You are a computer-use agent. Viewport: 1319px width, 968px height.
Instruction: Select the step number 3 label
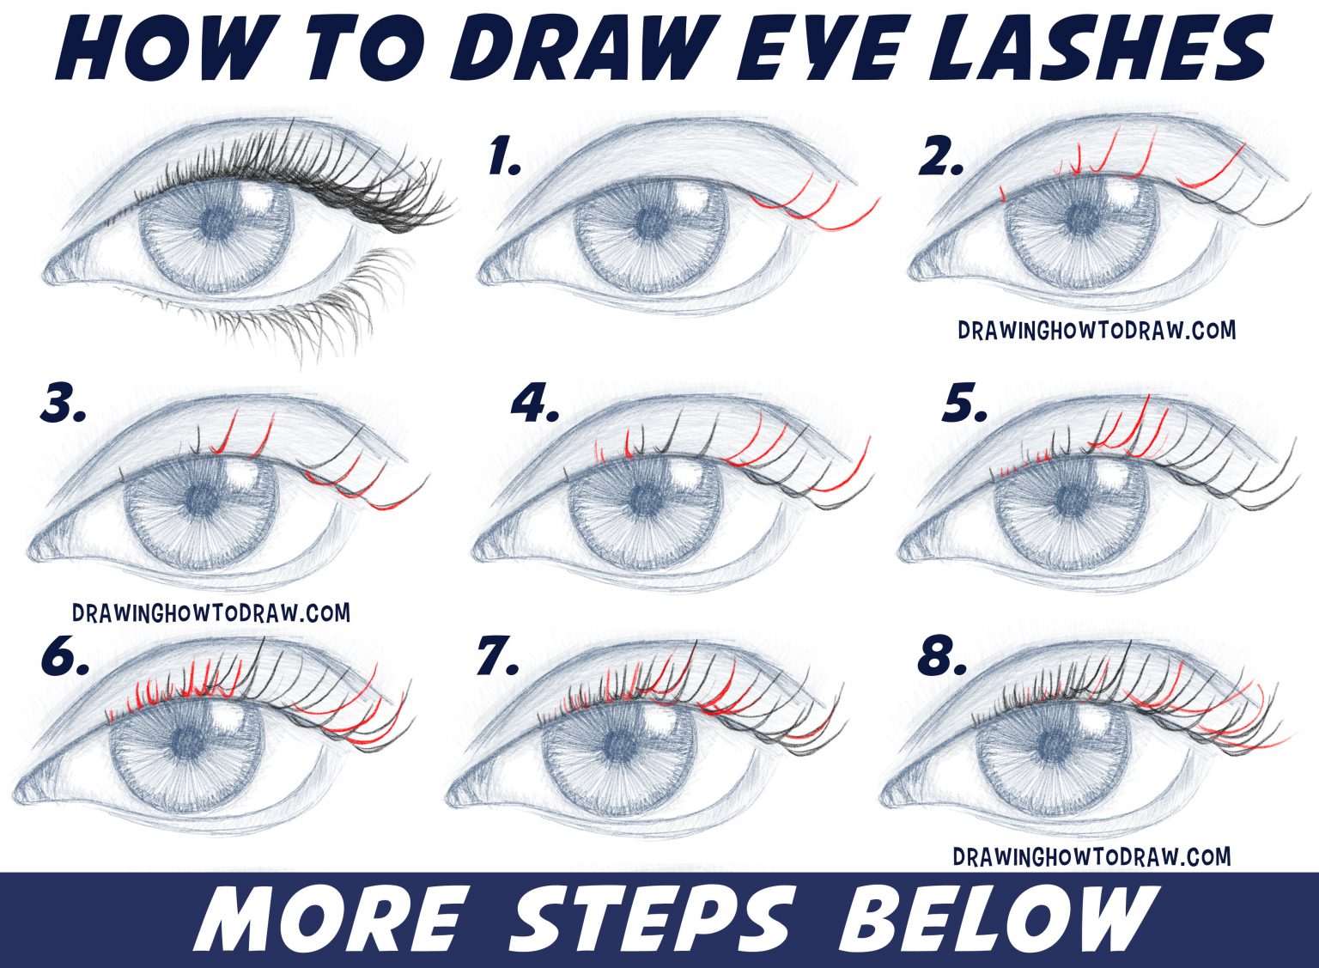[63, 405]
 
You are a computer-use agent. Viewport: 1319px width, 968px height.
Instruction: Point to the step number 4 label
[535, 405]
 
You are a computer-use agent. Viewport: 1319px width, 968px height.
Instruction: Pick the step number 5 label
[964, 405]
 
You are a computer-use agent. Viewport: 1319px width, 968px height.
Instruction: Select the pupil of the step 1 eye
[650, 225]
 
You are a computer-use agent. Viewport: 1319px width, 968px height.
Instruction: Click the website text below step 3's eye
[211, 612]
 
